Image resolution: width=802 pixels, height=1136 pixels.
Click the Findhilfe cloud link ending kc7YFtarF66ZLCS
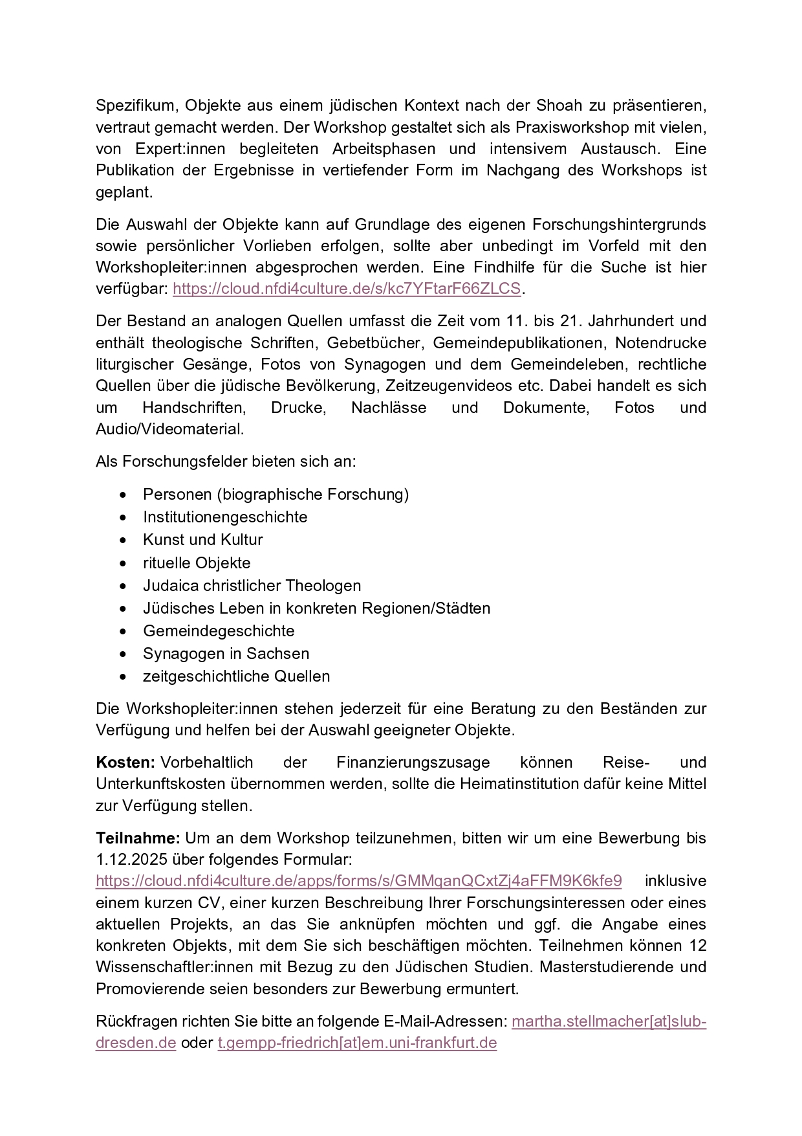[347, 289]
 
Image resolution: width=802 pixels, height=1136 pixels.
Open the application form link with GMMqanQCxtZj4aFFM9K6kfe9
[359, 881]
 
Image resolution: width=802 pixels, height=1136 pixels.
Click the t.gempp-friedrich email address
[357, 1043]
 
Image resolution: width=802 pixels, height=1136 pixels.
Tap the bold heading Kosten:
[125, 763]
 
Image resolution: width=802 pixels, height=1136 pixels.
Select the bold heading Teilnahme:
[138, 838]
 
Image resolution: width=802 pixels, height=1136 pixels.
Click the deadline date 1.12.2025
[131, 860]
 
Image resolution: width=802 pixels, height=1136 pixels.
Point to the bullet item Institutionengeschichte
[225, 517]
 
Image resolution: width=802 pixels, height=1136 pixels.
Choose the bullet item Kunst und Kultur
[202, 540]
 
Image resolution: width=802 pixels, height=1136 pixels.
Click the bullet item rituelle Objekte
[197, 563]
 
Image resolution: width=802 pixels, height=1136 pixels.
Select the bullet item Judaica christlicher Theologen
[252, 586]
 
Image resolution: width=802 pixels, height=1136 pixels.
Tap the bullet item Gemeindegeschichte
[219, 631]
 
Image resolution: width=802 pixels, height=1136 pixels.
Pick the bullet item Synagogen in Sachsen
[226, 654]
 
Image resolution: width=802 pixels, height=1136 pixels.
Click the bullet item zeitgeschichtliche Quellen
[236, 676]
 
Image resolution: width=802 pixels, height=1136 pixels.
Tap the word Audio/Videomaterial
[170, 429]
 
